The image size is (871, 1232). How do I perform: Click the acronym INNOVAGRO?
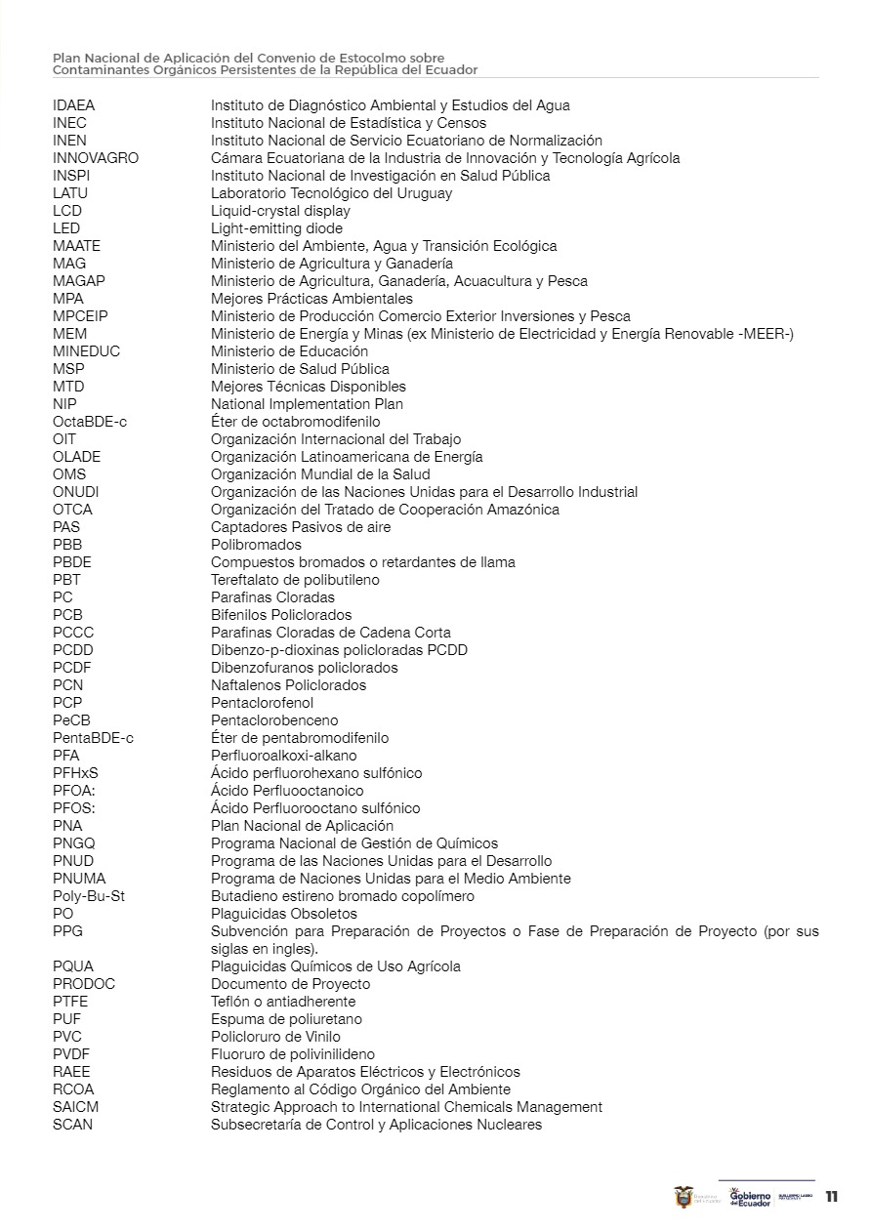pos(96,158)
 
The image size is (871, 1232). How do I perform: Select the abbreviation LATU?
pos(70,193)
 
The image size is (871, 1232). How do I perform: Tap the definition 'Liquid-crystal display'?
pos(280,211)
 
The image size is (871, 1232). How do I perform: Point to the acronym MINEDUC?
pos(87,351)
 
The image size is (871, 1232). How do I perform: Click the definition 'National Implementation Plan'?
pos(307,404)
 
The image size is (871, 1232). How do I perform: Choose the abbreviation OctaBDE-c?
pos(90,422)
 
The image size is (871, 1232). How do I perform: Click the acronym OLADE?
pos(76,457)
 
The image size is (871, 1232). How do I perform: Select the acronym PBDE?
pos(72,562)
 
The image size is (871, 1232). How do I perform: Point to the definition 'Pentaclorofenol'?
pos(262,703)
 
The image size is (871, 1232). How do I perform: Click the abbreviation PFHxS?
pos(75,773)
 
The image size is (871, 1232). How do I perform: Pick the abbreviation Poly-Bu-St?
pos(89,896)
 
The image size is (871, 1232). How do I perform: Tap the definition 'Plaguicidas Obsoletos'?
pos(284,914)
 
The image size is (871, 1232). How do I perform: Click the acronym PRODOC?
pos(84,984)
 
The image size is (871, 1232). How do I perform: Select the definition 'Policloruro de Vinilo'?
pos(275,1037)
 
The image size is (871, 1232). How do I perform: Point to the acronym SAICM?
pos(75,1107)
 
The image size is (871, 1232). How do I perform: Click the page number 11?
pos(832,1197)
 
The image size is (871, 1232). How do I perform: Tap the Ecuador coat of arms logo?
pos(684,1198)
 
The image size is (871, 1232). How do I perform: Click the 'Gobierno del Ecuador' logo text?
pos(751,1198)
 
